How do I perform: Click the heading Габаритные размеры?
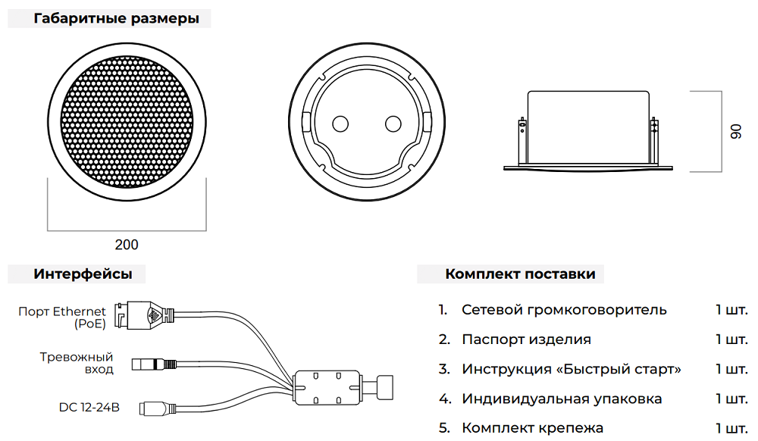pos(116,19)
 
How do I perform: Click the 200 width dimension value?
pos(127,245)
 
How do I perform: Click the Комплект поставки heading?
pos(520,274)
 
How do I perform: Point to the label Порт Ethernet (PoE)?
pos(62,317)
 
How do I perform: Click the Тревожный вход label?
pos(76,363)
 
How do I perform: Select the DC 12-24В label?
pos(89,408)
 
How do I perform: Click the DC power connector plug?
pos(155,408)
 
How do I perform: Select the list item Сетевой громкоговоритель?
pos(564,309)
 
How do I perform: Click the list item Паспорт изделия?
pos(526,339)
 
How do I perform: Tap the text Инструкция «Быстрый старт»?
pos(571,369)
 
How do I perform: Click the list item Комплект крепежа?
pos(532,428)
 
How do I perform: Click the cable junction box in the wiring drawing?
pos(326,387)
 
